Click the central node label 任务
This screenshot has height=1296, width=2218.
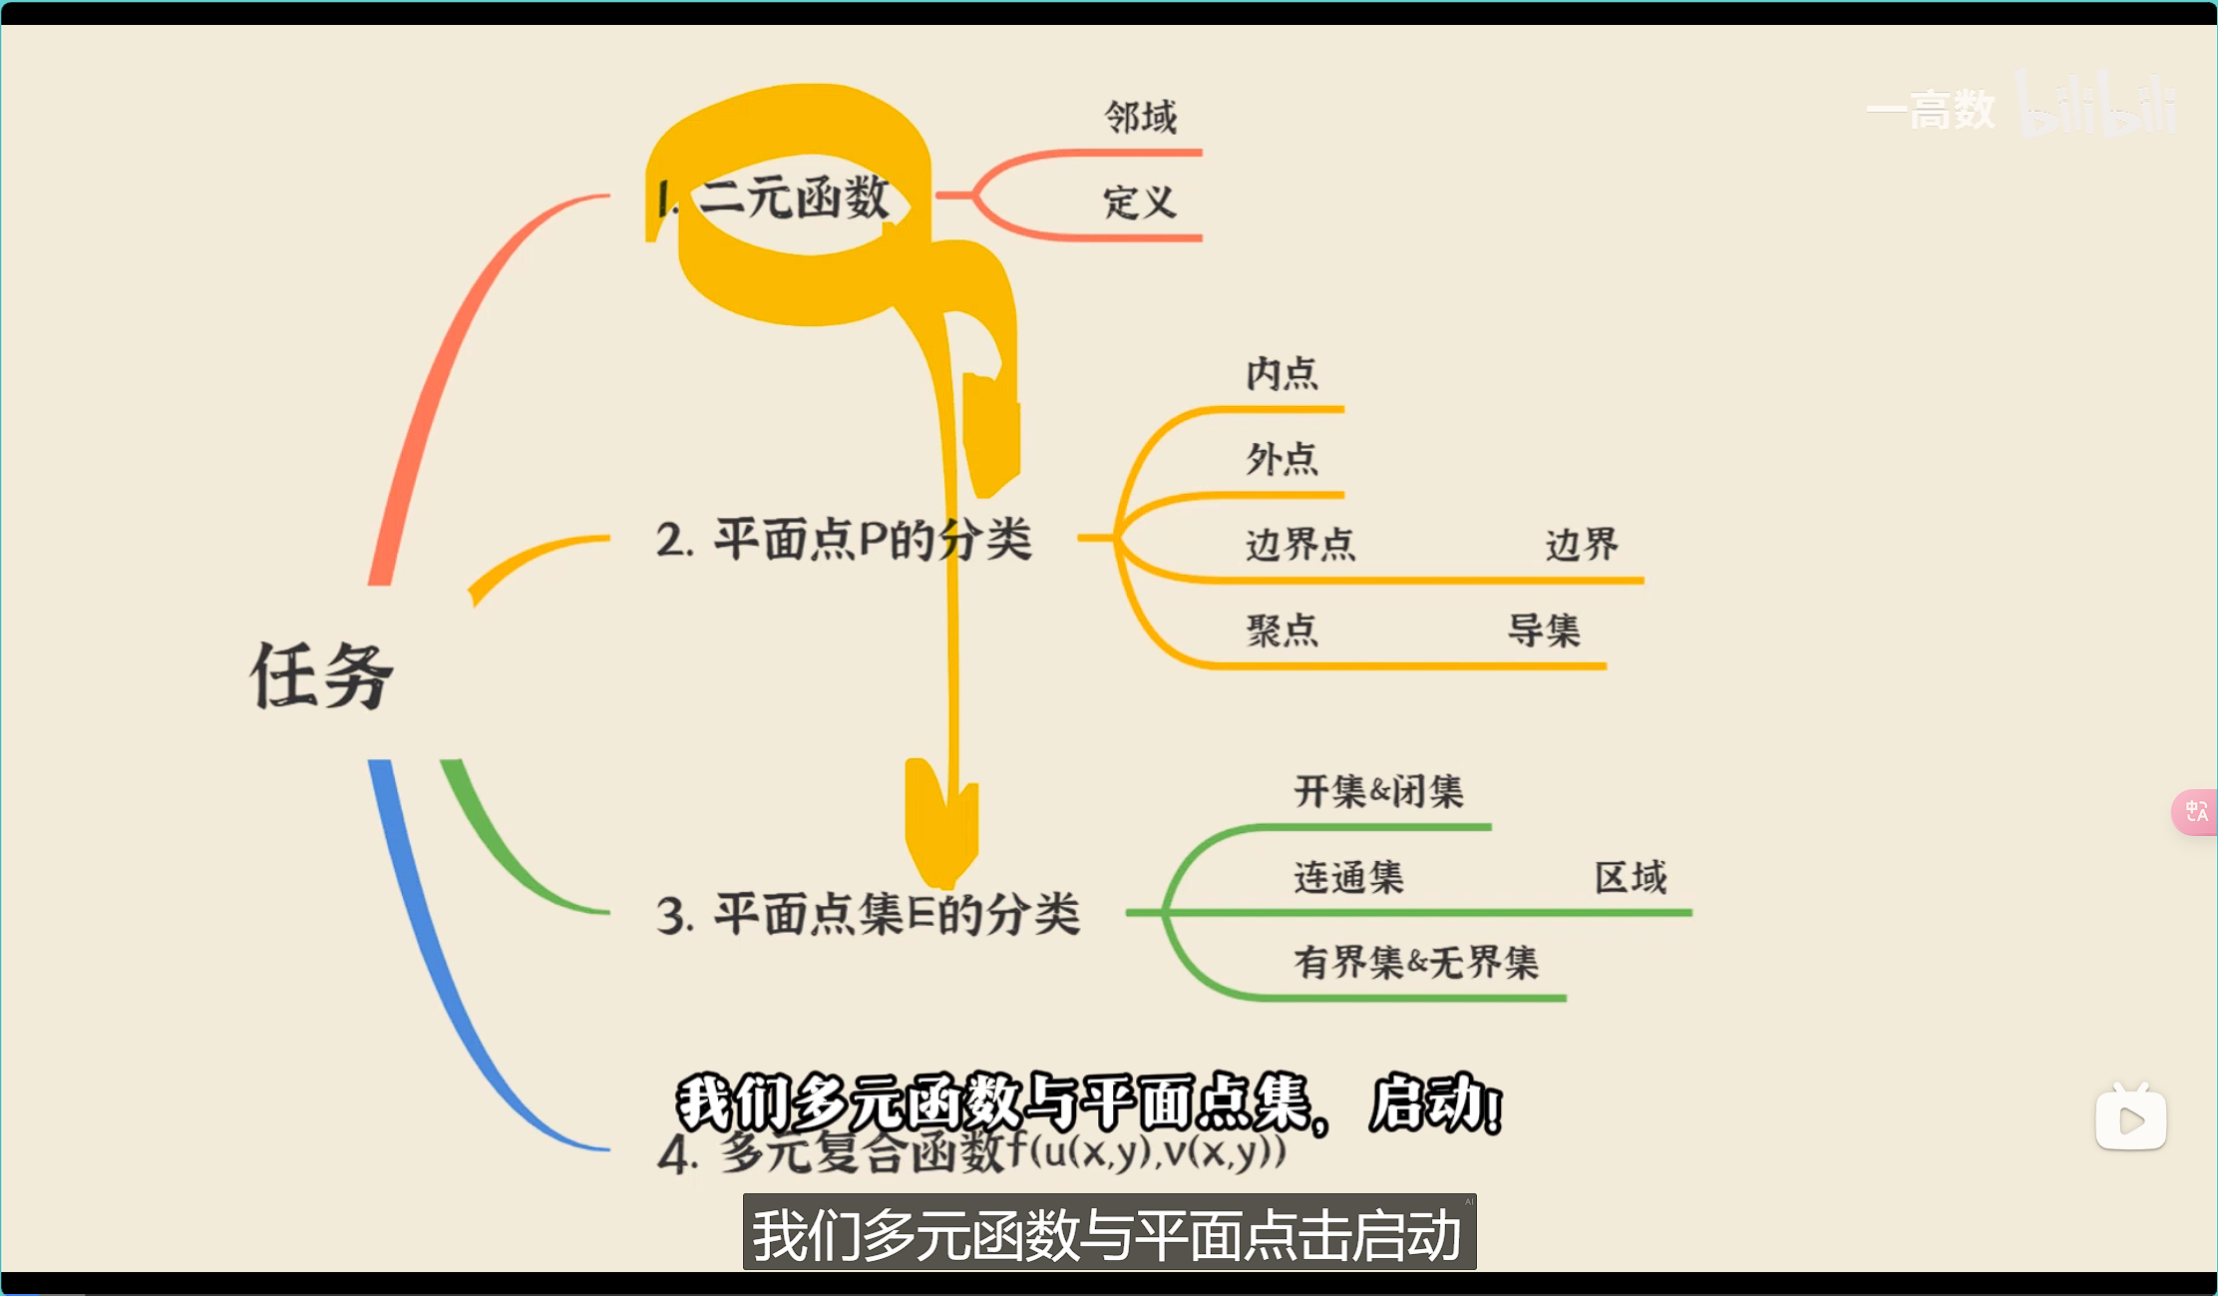tap(321, 675)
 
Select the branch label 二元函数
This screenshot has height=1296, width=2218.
tap(793, 197)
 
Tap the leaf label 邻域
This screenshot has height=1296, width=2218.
tap(1140, 118)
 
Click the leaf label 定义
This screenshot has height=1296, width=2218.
tap(1139, 203)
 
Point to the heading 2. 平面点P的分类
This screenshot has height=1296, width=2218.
tap(844, 540)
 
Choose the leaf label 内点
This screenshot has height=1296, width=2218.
tap(1282, 374)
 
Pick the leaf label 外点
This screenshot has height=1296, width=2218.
tap(1282, 459)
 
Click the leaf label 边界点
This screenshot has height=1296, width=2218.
tap(1300, 545)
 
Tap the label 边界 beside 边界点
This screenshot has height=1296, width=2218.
tap(1582, 545)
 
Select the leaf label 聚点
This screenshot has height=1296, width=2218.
tap(1282, 631)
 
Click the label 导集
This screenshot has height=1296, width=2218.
tap(1544, 631)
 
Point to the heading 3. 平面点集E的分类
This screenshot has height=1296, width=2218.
tap(868, 914)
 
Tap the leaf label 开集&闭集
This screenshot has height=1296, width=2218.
tap(1378, 792)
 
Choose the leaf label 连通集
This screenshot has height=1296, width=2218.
tap(1348, 878)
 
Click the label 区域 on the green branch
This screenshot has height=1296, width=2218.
tap(1631, 878)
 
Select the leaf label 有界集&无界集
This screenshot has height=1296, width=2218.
tap(1416, 963)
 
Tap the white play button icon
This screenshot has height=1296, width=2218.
tap(2130, 1119)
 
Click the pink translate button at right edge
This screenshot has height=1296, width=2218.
tap(2196, 812)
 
